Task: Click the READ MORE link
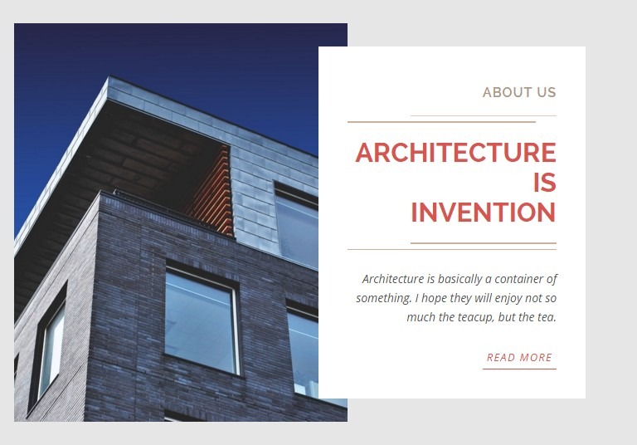tap(519, 358)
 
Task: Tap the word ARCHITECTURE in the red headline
tap(455, 153)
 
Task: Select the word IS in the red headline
tap(545, 183)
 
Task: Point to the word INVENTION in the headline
tap(484, 213)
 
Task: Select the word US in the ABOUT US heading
tap(546, 92)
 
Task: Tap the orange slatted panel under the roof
tap(212, 191)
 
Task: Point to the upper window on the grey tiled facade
tap(296, 226)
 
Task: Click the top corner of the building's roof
tap(109, 76)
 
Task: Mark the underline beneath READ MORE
tap(519, 369)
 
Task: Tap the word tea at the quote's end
tap(547, 317)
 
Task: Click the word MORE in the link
tap(536, 358)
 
